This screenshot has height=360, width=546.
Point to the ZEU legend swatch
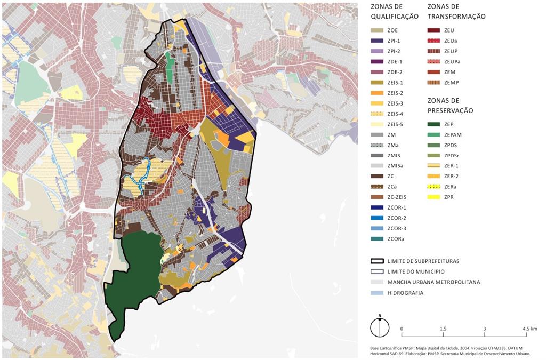435,30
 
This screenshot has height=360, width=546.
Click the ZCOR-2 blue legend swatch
379,218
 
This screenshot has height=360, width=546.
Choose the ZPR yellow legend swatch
435,197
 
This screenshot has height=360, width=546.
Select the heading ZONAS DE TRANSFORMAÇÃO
456,12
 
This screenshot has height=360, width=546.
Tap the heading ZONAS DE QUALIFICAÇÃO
395,12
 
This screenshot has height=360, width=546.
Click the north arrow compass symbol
380,327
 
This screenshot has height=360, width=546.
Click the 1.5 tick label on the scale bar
443,329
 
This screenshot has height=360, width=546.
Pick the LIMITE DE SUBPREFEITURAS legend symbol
379,261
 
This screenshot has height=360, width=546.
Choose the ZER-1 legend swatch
435,165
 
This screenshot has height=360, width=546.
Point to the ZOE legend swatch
379,30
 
